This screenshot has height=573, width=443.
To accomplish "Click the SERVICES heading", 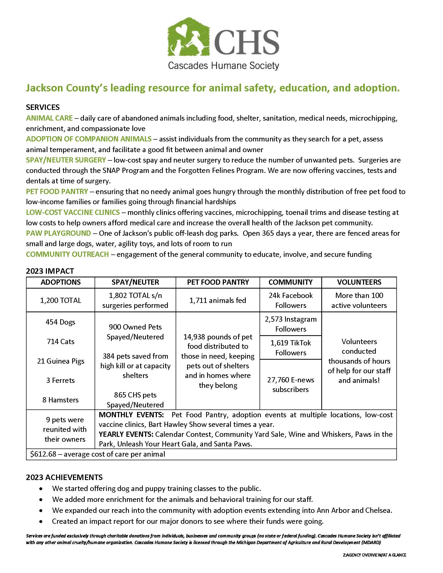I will point(43,107).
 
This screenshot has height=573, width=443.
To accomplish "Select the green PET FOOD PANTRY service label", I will point(57,191).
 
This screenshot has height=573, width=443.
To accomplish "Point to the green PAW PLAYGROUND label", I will point(58,233).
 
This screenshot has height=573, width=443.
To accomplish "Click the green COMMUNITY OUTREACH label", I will point(67,254).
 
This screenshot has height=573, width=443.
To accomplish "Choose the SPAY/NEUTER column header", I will point(135,282).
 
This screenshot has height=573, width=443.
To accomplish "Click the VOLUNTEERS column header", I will point(359,282).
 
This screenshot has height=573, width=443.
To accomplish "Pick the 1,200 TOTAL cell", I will point(60,300).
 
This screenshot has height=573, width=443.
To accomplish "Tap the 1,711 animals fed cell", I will point(218,300).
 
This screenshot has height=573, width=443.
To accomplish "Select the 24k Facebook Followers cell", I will point(291,300).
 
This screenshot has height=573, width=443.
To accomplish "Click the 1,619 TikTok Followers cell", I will point(291,348).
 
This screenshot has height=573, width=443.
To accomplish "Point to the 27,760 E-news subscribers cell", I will point(291,385).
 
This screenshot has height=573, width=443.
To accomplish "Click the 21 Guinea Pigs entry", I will point(61,361).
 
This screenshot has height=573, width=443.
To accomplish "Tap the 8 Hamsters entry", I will point(60,400).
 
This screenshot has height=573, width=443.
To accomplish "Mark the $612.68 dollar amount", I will point(43,454).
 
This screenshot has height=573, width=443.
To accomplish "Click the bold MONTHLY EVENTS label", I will point(131,415).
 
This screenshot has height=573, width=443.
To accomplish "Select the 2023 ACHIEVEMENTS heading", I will point(64,477).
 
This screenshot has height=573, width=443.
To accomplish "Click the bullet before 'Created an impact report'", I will point(41,521).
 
